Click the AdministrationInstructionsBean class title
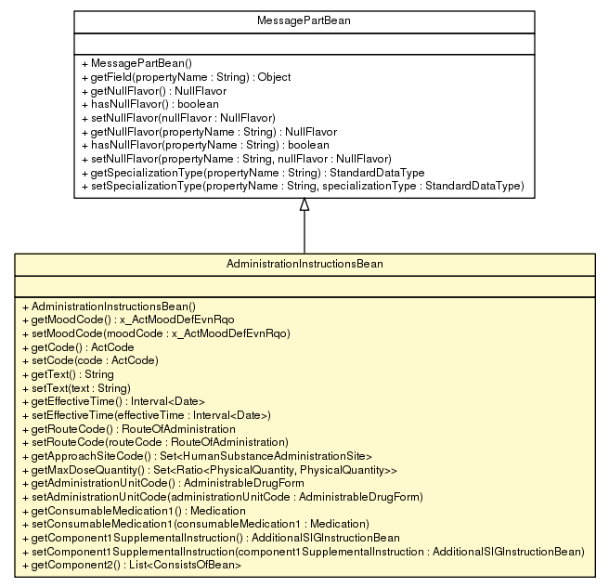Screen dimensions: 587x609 click(x=304, y=264)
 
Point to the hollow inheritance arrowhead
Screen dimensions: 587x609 click(x=304, y=205)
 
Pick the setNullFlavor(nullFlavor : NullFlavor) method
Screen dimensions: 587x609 click(x=178, y=118)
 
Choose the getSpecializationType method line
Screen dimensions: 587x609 click(x=253, y=173)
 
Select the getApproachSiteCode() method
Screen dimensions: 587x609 click(x=196, y=456)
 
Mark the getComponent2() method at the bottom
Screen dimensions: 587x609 click(x=130, y=565)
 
